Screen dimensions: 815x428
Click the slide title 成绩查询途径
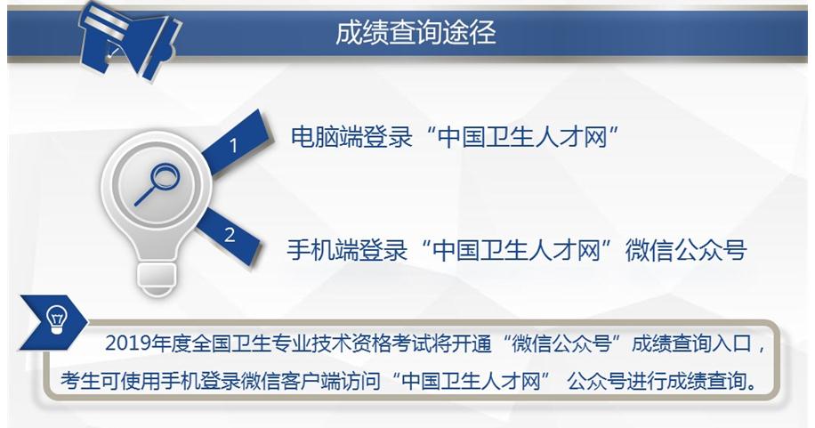pyautogui.click(x=416, y=32)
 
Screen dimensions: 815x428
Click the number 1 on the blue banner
pyautogui.click(x=233, y=146)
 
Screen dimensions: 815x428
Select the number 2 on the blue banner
pyautogui.click(x=230, y=235)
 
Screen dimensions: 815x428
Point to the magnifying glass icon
pyautogui.click(x=157, y=184)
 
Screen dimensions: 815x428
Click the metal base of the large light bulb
pyautogui.click(x=157, y=279)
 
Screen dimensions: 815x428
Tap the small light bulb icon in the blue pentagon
pyautogui.click(x=56, y=319)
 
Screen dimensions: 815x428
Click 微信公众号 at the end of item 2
pyautogui.click(x=686, y=250)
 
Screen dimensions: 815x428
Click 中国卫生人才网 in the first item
pyautogui.click(x=523, y=137)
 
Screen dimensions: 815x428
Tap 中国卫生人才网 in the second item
pyautogui.click(x=517, y=250)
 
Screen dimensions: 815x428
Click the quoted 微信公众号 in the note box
pyautogui.click(x=561, y=343)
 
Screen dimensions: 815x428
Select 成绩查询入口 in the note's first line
pyautogui.click(x=692, y=343)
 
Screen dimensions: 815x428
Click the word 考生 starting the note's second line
pyautogui.click(x=80, y=381)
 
